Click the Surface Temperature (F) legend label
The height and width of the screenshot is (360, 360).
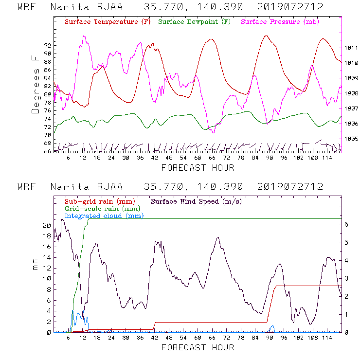(x=107, y=22)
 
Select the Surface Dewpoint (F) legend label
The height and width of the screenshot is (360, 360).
(x=194, y=22)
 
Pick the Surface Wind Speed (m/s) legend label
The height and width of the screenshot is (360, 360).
(x=197, y=201)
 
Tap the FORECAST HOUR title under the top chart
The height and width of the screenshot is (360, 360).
(x=198, y=168)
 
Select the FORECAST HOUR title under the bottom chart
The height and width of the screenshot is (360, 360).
(x=198, y=347)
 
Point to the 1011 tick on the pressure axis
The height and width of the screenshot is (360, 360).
(x=351, y=48)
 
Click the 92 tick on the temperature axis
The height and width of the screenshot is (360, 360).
(x=48, y=45)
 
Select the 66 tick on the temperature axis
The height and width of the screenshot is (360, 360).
(x=48, y=151)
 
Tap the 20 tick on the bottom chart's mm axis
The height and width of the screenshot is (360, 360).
(x=47, y=225)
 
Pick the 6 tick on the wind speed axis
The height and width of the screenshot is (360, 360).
(x=346, y=224)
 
